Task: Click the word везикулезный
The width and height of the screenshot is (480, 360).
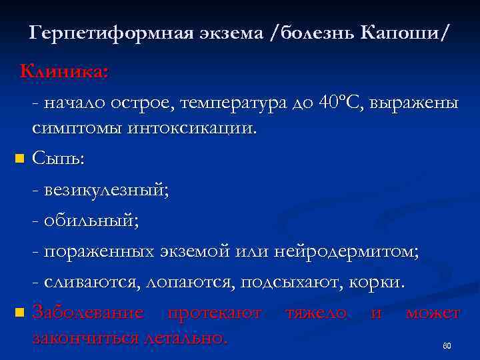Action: [x=105, y=190]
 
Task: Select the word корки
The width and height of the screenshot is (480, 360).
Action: [x=377, y=282]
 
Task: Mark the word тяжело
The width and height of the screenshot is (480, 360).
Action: [x=315, y=312]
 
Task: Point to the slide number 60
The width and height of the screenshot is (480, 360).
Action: [x=447, y=346]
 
